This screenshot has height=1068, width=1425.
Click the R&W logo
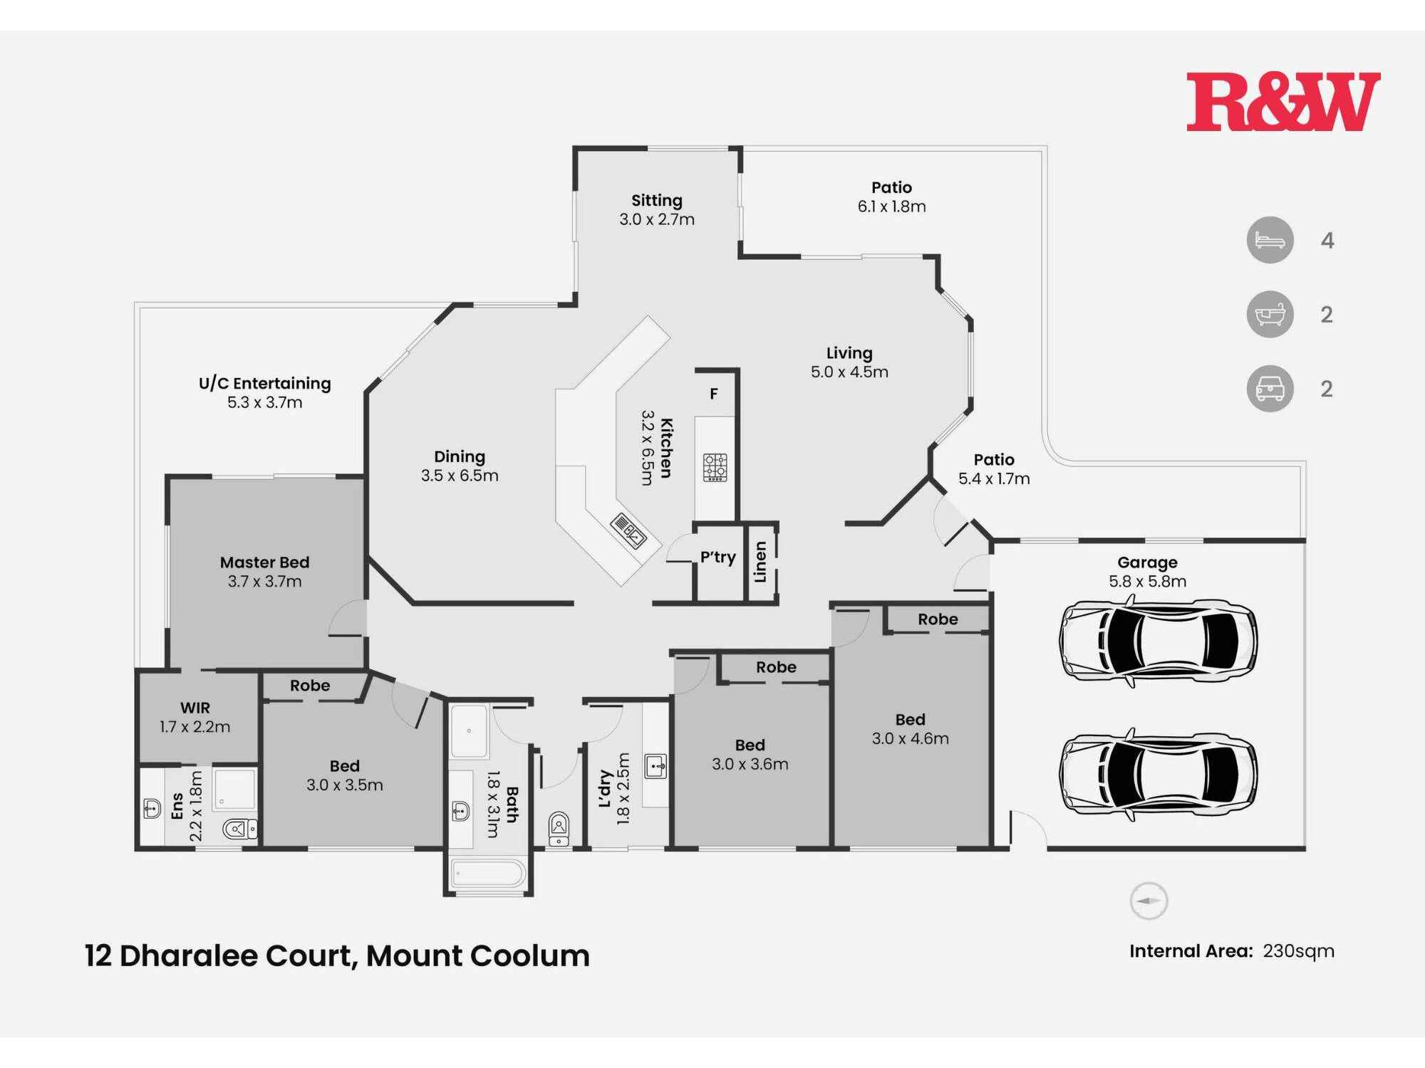pyautogui.click(x=1282, y=102)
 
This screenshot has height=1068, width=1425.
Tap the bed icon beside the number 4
pyautogui.click(x=1270, y=240)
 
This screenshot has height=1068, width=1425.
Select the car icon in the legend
pyautogui.click(x=1270, y=389)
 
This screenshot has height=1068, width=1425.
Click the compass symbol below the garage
pyautogui.click(x=1149, y=901)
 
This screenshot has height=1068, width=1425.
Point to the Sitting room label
pyautogui.click(x=656, y=201)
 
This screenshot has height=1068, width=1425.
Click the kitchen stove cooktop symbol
pyautogui.click(x=715, y=467)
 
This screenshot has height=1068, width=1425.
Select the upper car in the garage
pyautogui.click(x=1157, y=641)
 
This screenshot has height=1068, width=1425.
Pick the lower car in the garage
pyautogui.click(x=1157, y=774)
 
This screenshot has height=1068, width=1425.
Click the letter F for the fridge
pyautogui.click(x=713, y=394)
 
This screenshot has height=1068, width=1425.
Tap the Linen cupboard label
pyautogui.click(x=761, y=562)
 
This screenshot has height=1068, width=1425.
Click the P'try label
pyautogui.click(x=717, y=557)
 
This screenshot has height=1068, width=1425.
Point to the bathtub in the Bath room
pyautogui.click(x=488, y=873)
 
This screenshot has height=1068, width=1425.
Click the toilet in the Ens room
pyautogui.click(x=239, y=829)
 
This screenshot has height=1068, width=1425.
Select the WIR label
pyautogui.click(x=195, y=708)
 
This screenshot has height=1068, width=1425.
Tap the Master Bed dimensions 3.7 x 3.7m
pyautogui.click(x=264, y=582)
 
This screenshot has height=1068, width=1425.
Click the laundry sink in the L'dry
pyautogui.click(x=655, y=767)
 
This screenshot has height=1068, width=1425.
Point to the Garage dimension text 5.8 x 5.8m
pyautogui.click(x=1147, y=582)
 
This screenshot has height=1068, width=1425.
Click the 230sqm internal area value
pyautogui.click(x=1298, y=951)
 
